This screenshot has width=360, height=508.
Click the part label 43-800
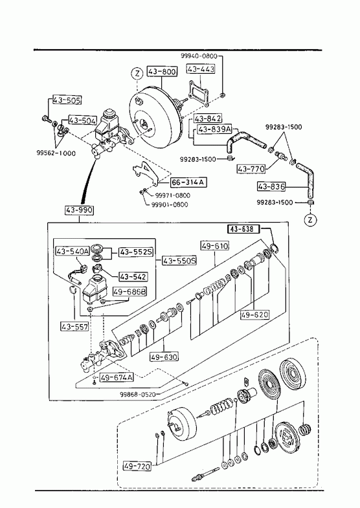point(162,71)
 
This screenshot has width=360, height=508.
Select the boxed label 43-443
point(201,69)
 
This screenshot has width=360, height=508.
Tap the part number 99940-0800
point(199,56)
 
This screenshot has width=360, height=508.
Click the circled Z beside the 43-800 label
point(137,74)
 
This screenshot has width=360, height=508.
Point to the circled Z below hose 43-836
point(310,220)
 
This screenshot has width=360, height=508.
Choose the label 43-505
point(67,100)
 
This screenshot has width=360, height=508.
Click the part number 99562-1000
point(56,153)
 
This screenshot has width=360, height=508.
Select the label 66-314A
point(188,182)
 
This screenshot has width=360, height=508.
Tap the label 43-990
point(80,210)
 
